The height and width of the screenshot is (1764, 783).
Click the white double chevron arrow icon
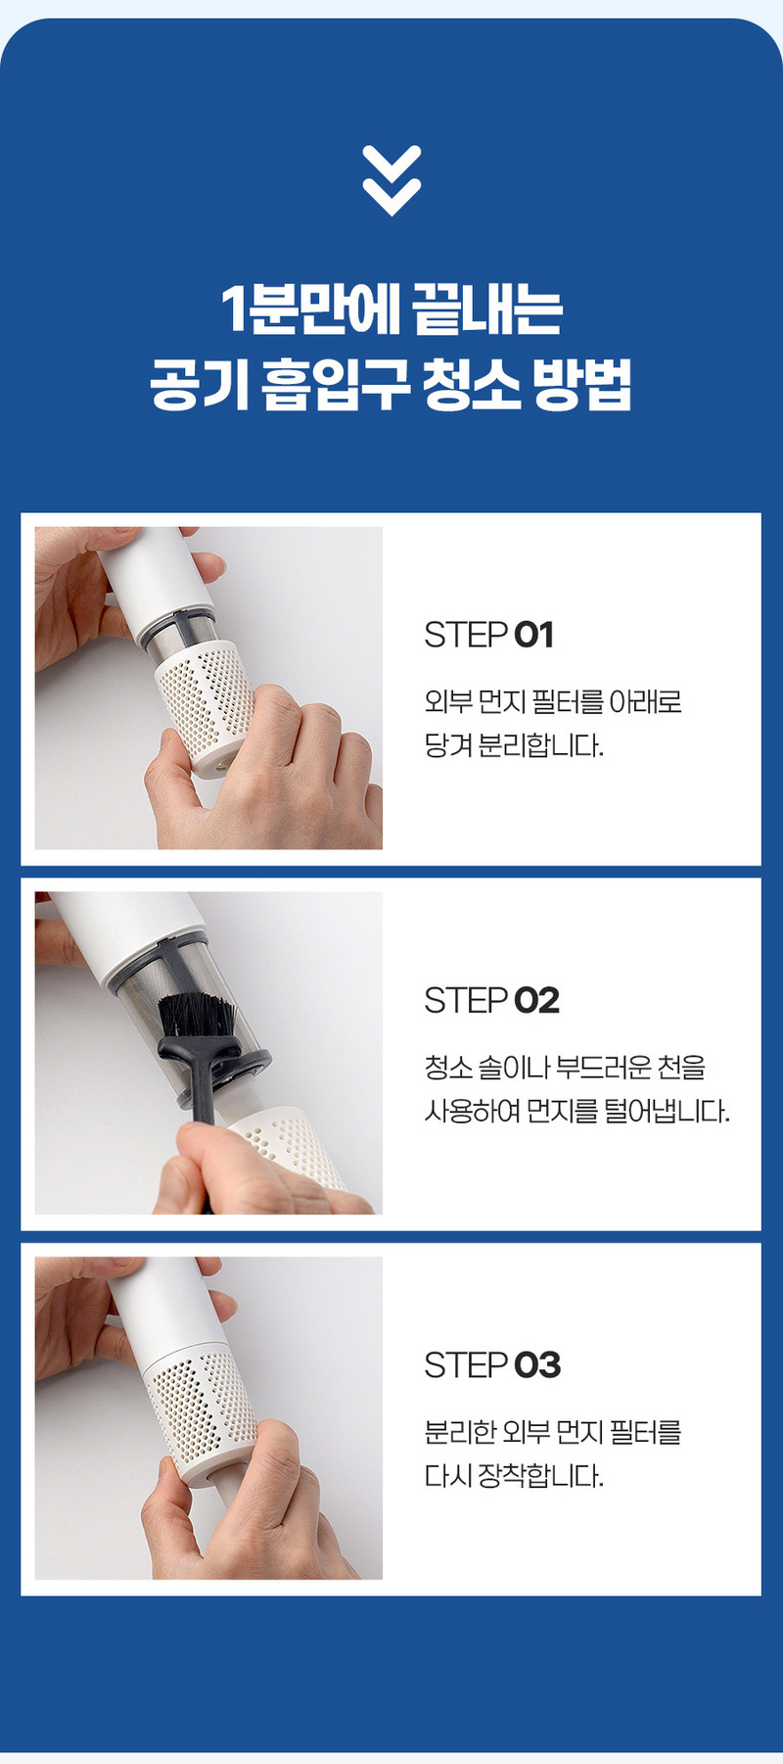pos(391,180)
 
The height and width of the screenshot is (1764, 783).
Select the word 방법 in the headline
pos(582,383)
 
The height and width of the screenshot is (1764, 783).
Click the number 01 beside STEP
pos(534,635)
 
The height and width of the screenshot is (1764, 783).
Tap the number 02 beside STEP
pos(537,1000)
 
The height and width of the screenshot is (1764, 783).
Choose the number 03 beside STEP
pos(537,1364)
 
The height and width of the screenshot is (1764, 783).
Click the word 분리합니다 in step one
pos(540,745)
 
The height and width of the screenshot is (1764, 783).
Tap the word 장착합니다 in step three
pos(540,1476)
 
